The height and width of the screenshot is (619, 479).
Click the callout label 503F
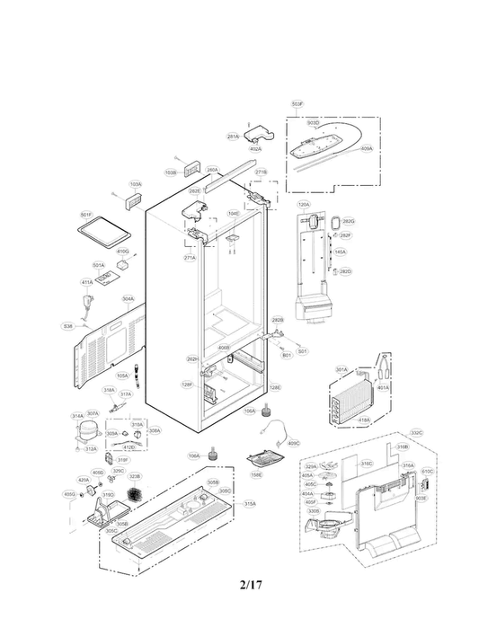(297, 105)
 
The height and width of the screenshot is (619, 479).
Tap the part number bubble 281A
(233, 137)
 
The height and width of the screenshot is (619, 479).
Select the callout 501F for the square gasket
(86, 215)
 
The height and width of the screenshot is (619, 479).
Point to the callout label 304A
(129, 299)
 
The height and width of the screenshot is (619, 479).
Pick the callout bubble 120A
(304, 205)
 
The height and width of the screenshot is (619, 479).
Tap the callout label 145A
(341, 252)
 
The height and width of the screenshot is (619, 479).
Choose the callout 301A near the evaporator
(342, 369)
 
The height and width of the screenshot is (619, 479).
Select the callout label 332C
(416, 432)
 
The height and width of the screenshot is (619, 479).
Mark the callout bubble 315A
(250, 504)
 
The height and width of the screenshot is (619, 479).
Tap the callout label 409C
(293, 443)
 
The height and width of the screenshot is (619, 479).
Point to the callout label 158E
(256, 474)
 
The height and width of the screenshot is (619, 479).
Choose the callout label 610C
(427, 471)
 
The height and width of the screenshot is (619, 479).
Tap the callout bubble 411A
(87, 282)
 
